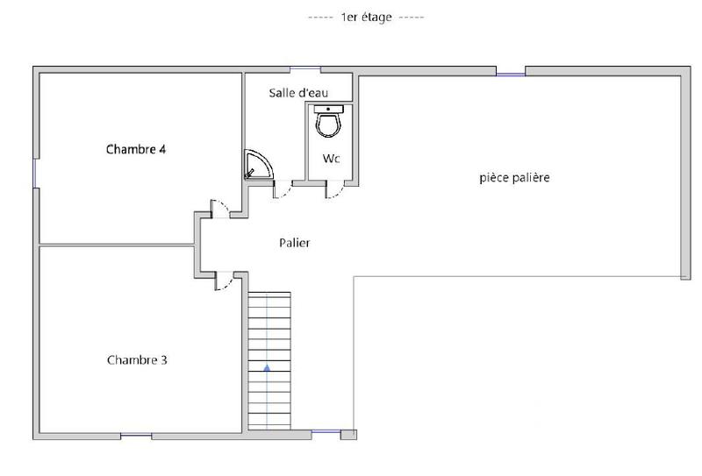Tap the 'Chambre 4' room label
(136, 149)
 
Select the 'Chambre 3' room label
(137, 359)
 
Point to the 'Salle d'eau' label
(295, 92)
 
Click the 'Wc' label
(331, 159)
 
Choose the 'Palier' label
(295, 243)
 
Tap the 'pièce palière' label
(514, 178)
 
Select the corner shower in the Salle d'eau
(258, 164)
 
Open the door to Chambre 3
(224, 280)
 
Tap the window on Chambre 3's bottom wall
(136, 436)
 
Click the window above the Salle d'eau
(304, 68)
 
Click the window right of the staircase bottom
(326, 432)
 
